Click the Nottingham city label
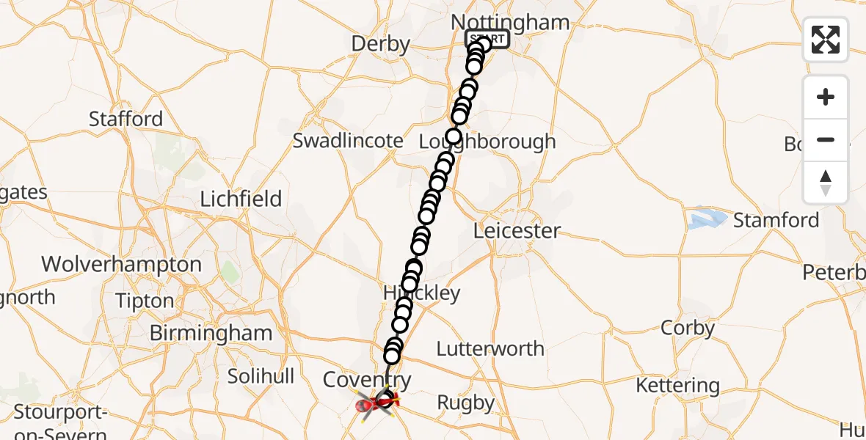point(512,23)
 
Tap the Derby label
point(380,44)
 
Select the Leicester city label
point(517,231)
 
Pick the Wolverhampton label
point(121,264)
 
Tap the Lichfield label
point(241,199)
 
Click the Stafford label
point(126,119)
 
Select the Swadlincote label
point(348,141)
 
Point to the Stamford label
point(776,220)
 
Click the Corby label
point(688,328)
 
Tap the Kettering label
point(677,385)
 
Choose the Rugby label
point(466,403)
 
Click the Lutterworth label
point(490,349)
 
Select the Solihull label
point(261,376)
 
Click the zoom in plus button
point(826,97)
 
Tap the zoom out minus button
point(826,140)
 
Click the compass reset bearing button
point(826,183)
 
